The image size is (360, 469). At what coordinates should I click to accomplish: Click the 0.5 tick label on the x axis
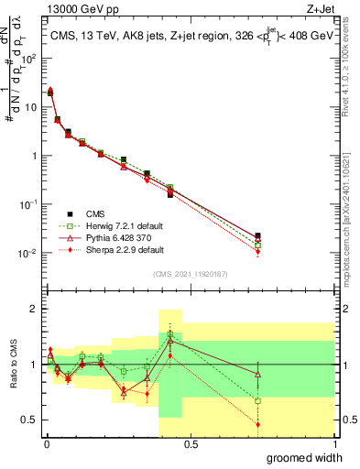click(x=190, y=444)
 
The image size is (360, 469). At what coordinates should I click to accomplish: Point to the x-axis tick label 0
click(x=46, y=444)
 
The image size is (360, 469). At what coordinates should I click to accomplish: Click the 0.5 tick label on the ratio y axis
click(x=29, y=420)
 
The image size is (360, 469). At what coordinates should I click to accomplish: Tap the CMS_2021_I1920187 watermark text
click(x=189, y=274)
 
